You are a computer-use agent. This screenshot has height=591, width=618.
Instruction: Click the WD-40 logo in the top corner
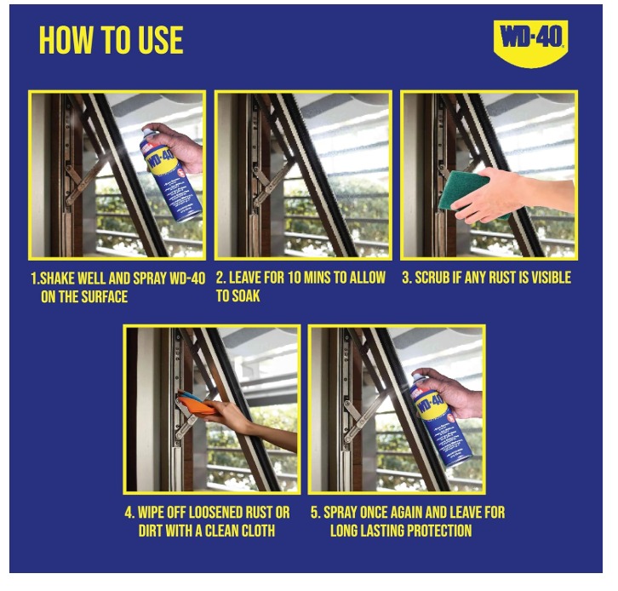[530, 43]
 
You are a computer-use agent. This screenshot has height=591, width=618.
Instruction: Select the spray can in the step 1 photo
[170, 174]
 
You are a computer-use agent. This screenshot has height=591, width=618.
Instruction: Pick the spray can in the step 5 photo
[441, 419]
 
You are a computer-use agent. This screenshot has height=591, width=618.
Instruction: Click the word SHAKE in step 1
[57, 278]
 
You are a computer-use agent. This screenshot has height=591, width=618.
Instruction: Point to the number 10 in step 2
[294, 278]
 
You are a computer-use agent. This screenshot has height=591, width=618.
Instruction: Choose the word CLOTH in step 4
[255, 531]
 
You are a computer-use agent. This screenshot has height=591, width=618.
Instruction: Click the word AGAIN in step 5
[405, 513]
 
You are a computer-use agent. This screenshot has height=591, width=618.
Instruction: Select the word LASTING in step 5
[381, 531]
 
